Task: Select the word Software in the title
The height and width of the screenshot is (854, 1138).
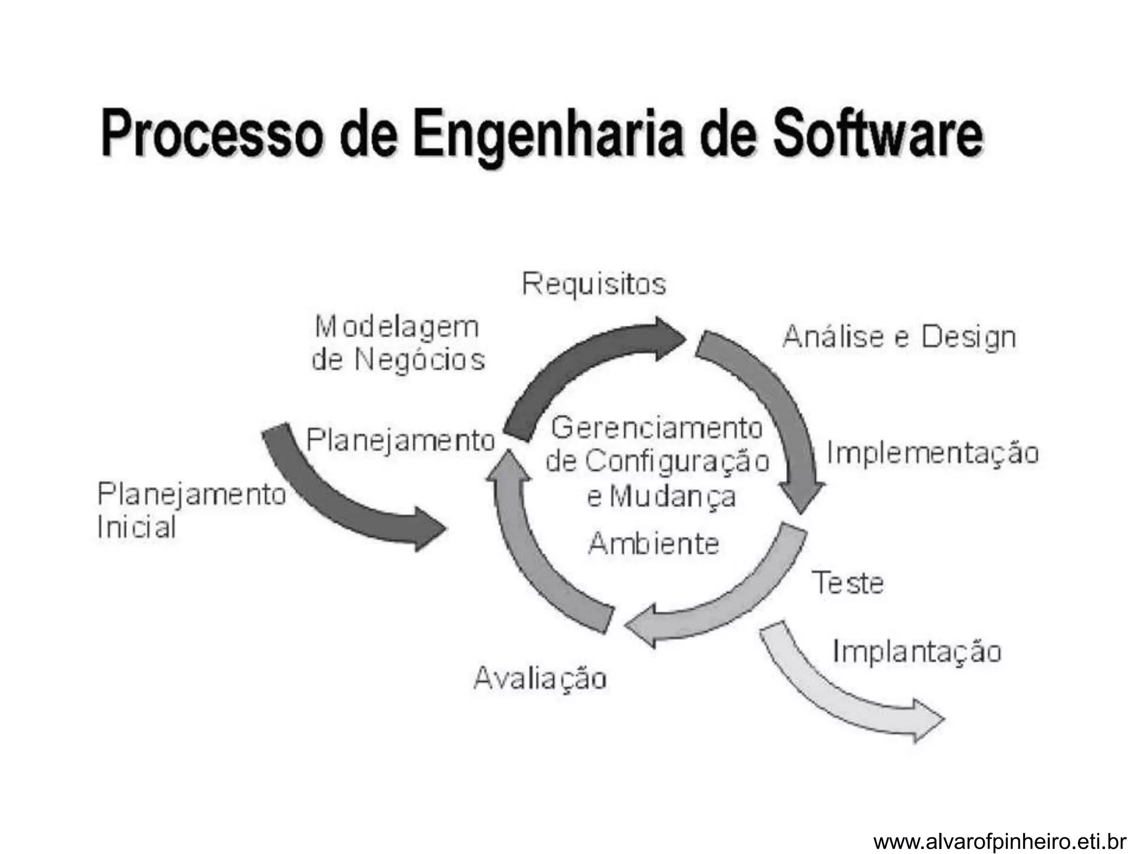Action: pos(877,134)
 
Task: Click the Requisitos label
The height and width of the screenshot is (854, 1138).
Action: pos(593,284)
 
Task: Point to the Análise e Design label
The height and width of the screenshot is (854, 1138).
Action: pos(899,337)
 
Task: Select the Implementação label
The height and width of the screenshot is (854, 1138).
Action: pos(932,453)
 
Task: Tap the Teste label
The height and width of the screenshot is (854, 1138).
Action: pos(847,583)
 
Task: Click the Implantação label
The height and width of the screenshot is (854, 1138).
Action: pos(917,652)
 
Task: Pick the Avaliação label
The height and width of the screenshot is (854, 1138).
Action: pos(540,678)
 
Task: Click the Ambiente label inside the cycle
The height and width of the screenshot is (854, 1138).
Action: pos(653,543)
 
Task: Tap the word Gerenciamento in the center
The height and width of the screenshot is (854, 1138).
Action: pos(657,429)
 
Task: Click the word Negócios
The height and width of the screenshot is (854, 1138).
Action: pos(420,360)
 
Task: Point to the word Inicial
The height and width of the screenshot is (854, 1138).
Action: pos(137,527)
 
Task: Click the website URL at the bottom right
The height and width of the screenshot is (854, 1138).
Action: pos(1000,842)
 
